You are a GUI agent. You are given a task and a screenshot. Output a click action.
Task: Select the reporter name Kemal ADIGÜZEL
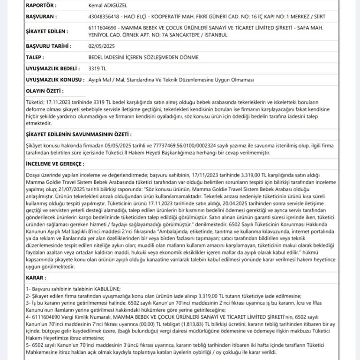(109, 5)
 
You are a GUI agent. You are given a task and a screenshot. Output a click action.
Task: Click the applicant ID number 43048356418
(104, 16)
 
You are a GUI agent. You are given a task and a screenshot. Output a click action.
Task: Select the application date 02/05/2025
(101, 46)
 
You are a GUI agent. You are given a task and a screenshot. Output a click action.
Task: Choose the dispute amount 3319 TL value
(97, 68)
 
